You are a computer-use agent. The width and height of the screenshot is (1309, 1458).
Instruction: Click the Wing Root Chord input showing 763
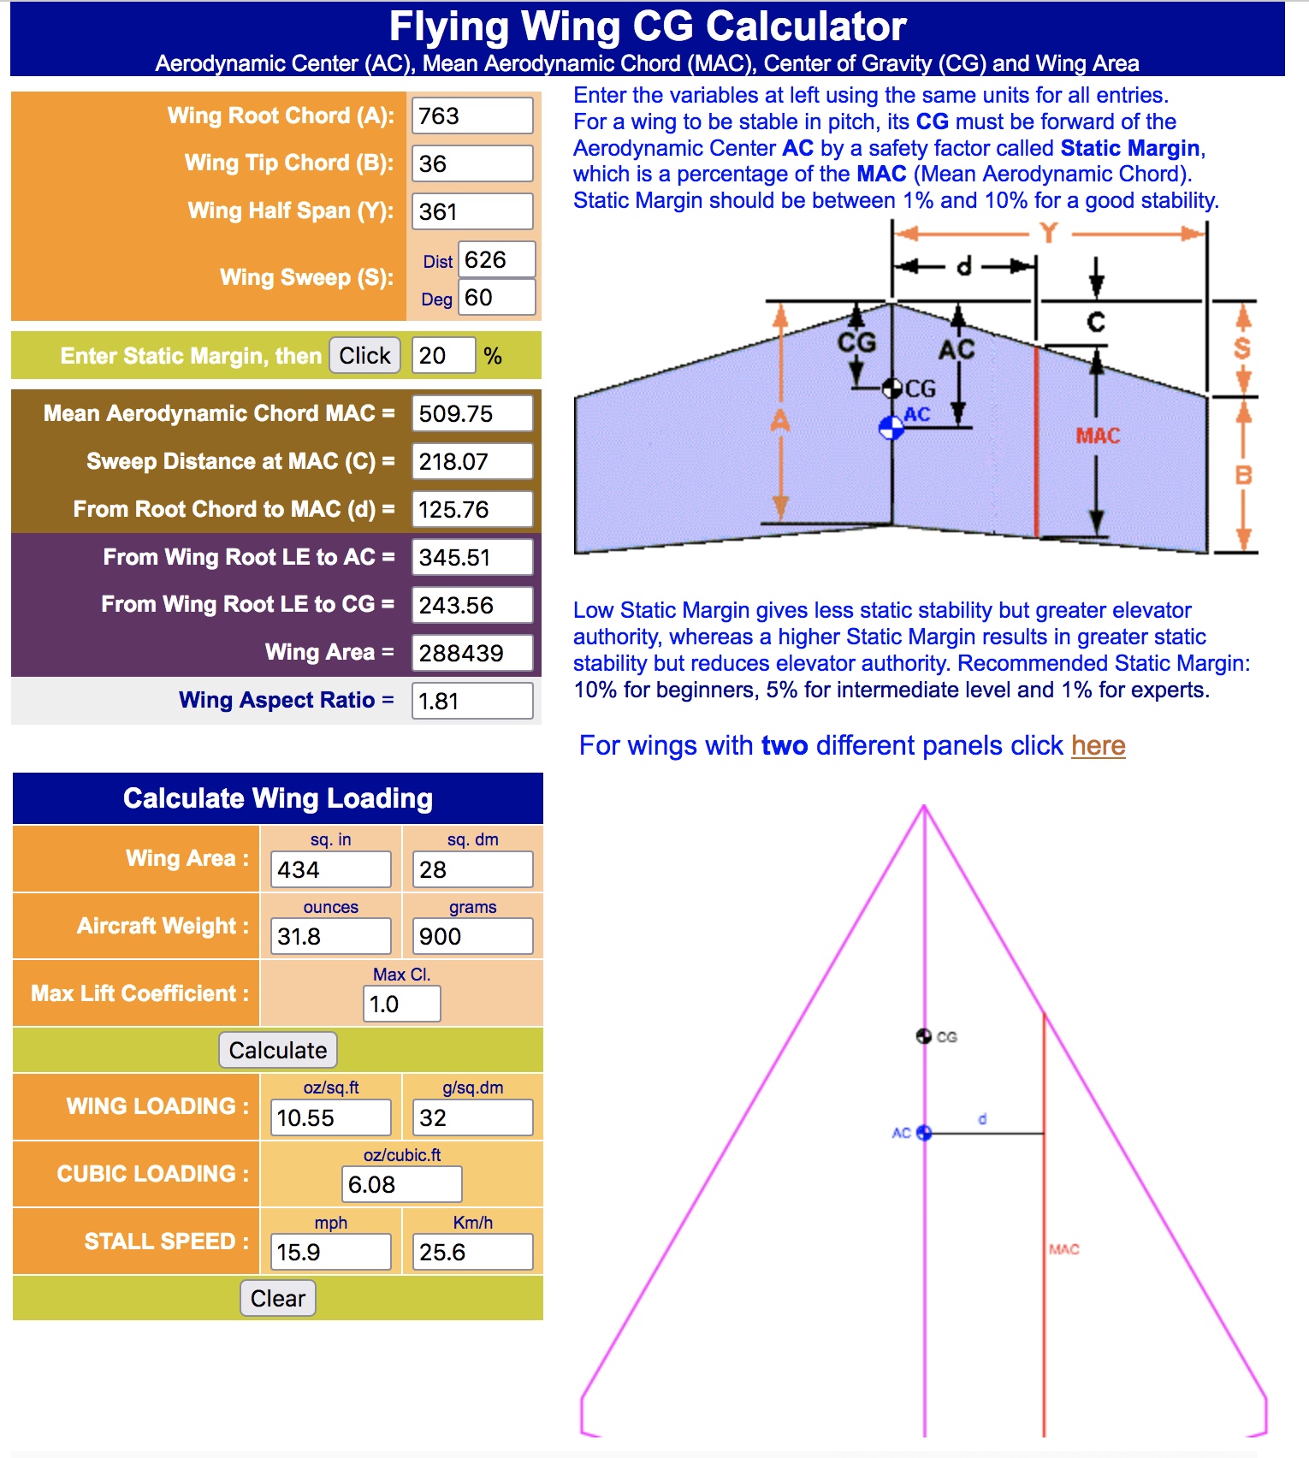tap(472, 116)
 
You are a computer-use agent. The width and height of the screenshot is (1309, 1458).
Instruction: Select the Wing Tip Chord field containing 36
tap(472, 163)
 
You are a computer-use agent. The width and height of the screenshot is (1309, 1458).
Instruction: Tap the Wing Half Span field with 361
tap(472, 211)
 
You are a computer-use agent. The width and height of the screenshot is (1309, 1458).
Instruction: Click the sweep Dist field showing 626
tap(496, 259)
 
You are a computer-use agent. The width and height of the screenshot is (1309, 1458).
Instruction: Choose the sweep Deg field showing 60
tap(496, 298)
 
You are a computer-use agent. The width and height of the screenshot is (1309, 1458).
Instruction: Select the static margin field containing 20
tap(443, 355)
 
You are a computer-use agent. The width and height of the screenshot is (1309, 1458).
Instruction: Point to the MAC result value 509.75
tap(472, 413)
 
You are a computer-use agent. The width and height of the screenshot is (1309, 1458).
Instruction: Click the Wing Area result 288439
tap(472, 653)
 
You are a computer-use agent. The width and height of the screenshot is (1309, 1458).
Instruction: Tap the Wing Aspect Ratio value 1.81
tap(472, 701)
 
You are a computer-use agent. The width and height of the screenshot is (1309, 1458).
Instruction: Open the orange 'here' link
tap(1098, 745)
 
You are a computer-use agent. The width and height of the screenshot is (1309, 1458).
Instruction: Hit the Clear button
tap(278, 1298)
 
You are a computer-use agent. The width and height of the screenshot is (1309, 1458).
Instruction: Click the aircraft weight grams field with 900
tap(472, 936)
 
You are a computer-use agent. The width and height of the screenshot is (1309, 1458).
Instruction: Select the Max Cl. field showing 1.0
tap(401, 1004)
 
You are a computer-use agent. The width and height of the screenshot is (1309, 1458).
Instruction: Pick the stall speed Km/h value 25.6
tap(472, 1252)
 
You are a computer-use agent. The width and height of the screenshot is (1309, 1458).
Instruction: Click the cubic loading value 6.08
tap(402, 1184)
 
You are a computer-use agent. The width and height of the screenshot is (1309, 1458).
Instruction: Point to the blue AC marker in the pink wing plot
tap(924, 1133)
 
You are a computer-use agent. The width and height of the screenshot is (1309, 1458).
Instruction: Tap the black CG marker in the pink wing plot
tap(924, 1036)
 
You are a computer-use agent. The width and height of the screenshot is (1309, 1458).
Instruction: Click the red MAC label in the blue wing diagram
tap(1098, 436)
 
